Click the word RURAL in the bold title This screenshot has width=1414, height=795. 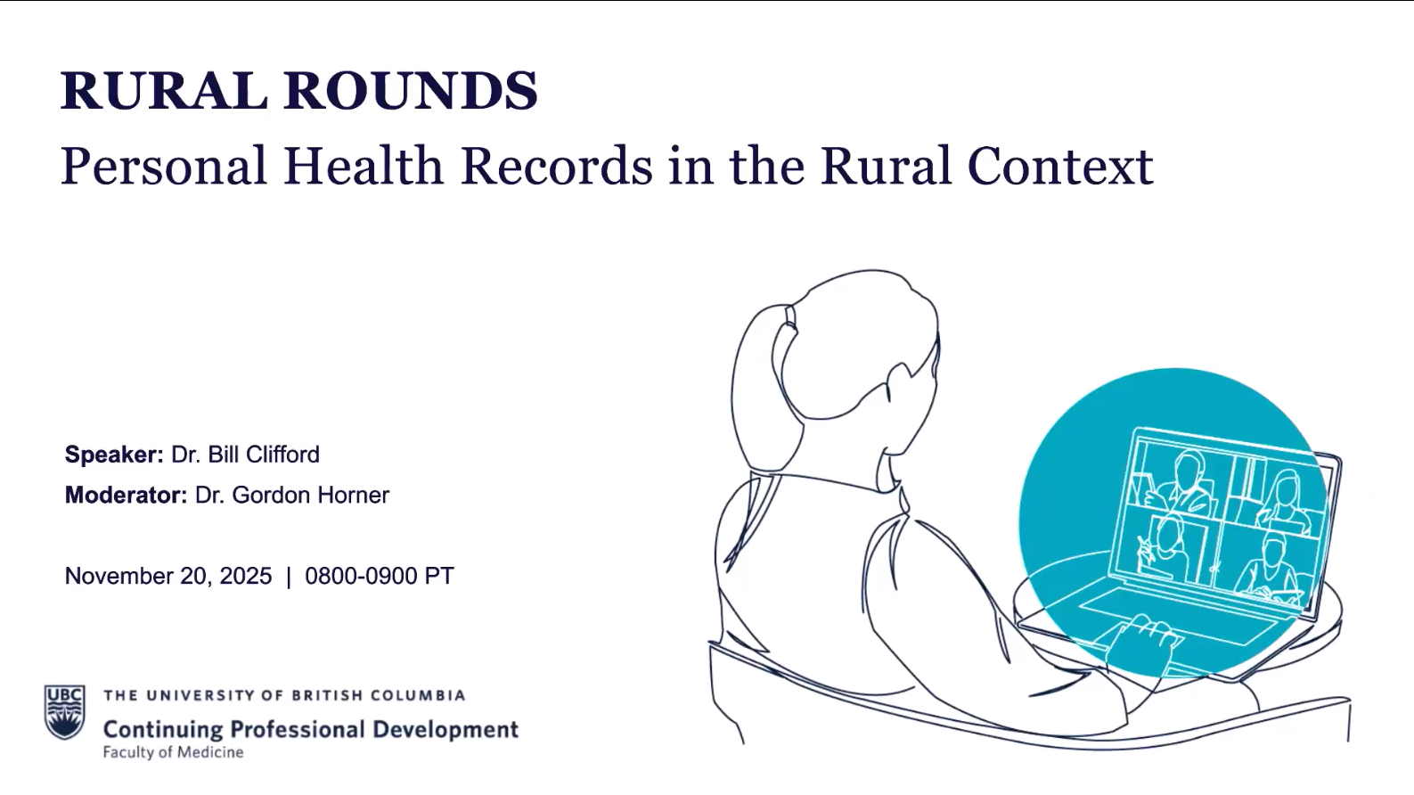164,91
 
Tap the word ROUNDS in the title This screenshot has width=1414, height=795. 411,91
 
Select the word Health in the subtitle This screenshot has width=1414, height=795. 364,166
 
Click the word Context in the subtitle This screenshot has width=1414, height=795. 1060,166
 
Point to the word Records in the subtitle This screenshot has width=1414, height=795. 557,166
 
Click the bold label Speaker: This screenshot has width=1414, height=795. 114,455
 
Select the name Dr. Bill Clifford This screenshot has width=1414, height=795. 246,455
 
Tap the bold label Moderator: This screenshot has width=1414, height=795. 127,495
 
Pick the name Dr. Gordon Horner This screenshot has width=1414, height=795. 292,495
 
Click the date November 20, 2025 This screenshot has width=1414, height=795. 168,576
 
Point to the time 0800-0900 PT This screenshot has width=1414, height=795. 380,576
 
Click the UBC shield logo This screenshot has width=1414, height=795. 64,711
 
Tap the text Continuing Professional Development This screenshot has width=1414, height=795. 311,729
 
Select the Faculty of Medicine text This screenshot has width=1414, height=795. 174,752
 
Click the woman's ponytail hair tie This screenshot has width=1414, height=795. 790,316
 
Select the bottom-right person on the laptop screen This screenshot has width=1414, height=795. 1269,565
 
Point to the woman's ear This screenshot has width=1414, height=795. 900,385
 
